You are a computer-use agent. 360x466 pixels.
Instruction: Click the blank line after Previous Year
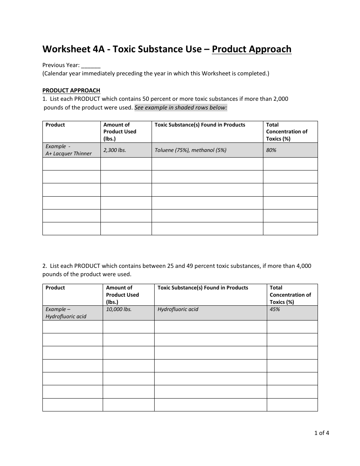91,66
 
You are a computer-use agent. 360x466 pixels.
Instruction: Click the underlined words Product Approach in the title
252,49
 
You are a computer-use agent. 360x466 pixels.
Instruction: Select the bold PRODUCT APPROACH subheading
71,91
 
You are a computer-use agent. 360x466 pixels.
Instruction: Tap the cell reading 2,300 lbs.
114,150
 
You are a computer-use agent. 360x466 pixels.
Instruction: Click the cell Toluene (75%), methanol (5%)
190,150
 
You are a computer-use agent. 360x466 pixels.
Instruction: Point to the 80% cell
271,150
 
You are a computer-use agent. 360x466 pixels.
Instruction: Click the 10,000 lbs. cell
119,309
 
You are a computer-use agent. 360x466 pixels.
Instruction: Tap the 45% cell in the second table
275,309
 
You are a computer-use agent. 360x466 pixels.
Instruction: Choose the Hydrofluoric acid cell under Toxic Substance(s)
178,309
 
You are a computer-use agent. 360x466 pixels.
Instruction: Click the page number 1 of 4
322,433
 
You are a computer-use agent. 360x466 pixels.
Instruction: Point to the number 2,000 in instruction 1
280,99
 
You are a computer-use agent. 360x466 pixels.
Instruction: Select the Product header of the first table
55,125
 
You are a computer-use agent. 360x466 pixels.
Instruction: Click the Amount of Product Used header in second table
122,295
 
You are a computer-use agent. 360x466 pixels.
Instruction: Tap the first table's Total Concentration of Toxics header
286,131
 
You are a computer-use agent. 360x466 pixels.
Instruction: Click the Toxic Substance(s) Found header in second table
203,288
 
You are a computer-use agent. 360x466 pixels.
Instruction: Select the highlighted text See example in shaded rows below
181,108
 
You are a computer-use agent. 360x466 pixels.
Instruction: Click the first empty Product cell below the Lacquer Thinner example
71,164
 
